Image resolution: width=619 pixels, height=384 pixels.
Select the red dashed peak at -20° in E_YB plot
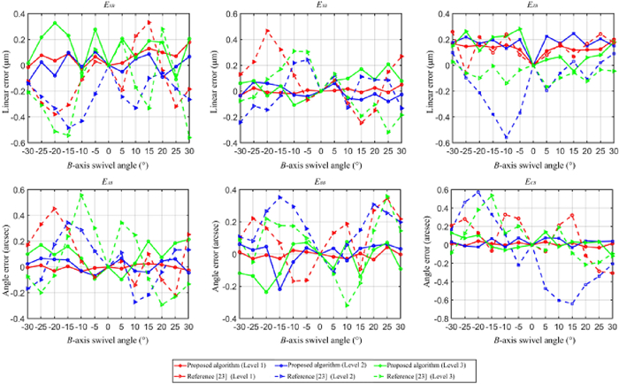coord(266,31)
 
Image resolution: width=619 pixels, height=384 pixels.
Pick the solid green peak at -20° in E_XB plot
coord(55,23)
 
